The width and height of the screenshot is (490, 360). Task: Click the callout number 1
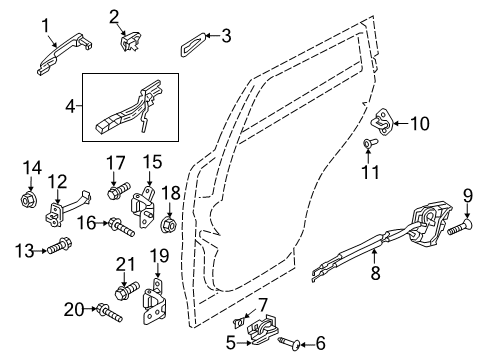click(x=45, y=26)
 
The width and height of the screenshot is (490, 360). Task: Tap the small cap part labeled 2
click(x=130, y=42)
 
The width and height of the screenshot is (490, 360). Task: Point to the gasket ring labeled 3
click(x=194, y=44)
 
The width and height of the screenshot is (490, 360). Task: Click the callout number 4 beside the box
click(x=70, y=107)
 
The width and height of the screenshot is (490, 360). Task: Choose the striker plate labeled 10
click(x=383, y=122)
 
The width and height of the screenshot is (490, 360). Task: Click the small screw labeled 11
click(x=370, y=143)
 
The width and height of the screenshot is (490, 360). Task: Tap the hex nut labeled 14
click(x=28, y=199)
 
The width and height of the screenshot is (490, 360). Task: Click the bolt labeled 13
click(x=60, y=246)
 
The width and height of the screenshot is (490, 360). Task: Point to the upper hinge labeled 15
click(x=144, y=207)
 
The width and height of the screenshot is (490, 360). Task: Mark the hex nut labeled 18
click(x=168, y=224)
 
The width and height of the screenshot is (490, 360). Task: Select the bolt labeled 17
click(x=119, y=191)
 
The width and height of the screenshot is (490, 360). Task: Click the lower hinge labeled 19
click(x=154, y=301)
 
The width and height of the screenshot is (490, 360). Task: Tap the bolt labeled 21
click(x=127, y=290)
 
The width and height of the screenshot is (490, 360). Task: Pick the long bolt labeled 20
click(x=109, y=313)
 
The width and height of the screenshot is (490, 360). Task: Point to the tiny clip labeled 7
click(x=240, y=322)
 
